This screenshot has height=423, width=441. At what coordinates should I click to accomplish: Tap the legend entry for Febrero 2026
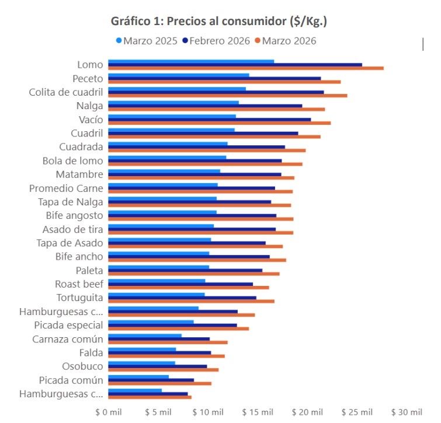217,41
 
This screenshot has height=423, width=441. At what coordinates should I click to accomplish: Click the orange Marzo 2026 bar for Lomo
246,68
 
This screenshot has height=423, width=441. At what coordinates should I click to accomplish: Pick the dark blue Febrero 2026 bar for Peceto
214,78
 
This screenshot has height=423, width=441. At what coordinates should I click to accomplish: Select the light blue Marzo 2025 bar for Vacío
172,116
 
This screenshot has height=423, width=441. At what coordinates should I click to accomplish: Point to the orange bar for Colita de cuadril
228,96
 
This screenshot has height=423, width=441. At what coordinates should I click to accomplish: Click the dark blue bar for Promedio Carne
192,188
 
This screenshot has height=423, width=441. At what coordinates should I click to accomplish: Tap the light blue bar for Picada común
138,377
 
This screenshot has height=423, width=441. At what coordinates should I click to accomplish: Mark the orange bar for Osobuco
164,369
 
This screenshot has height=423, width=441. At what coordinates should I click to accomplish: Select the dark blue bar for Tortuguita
182,298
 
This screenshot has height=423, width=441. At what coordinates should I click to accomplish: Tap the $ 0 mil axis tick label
109,412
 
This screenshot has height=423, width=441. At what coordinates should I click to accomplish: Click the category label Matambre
79,174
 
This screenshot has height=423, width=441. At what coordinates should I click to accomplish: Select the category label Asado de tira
73,229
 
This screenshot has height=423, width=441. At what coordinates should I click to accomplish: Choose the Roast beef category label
79,284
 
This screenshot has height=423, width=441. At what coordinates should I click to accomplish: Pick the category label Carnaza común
68,339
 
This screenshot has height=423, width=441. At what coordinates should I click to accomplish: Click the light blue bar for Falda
142,349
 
